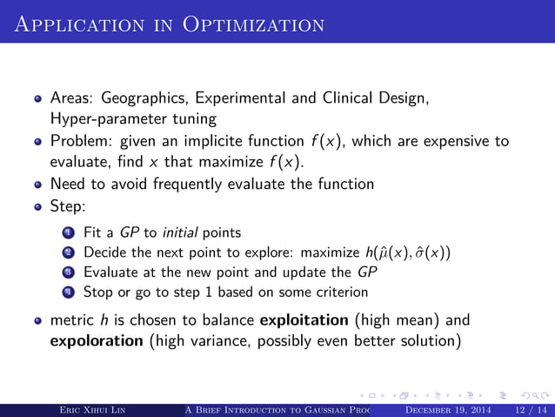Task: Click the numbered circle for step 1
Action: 70,232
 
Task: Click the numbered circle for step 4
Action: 70,292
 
